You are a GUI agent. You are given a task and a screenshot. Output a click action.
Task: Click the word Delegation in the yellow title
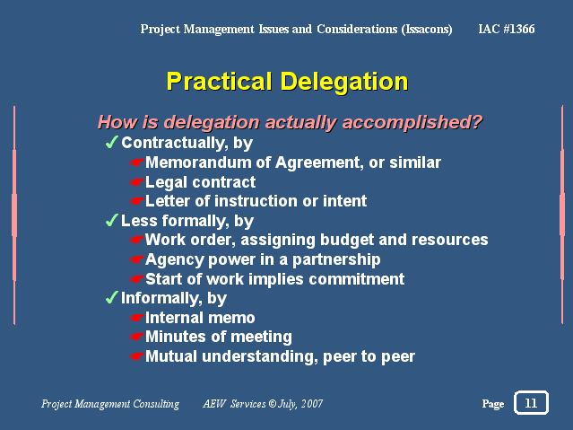pyautogui.click(x=343, y=82)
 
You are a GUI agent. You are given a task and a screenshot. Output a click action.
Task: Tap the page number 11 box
pyautogui.click(x=531, y=402)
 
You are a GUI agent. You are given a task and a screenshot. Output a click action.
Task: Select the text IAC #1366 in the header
pyautogui.click(x=507, y=29)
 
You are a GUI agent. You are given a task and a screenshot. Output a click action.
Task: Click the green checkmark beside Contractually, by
pyautogui.click(x=112, y=142)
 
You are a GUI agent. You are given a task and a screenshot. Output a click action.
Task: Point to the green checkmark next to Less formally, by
pyautogui.click(x=112, y=220)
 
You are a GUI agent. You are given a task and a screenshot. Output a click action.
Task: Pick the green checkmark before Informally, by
pyautogui.click(x=112, y=297)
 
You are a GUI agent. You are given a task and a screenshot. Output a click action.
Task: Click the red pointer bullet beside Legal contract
pyautogui.click(x=137, y=182)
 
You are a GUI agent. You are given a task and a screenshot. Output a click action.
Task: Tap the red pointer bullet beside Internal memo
pyautogui.click(x=137, y=317)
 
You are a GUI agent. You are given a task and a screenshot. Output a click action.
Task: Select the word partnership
pyautogui.click(x=336, y=260)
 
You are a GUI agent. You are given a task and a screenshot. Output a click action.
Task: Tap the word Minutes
pyautogui.click(x=172, y=337)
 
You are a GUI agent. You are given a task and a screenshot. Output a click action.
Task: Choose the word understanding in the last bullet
pyautogui.click(x=260, y=356)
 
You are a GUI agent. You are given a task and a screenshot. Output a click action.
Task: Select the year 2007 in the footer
pyautogui.click(x=312, y=404)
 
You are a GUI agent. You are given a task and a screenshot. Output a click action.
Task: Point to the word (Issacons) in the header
pyautogui.click(x=427, y=30)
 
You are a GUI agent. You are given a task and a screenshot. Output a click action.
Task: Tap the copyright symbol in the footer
pyautogui.click(x=273, y=404)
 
